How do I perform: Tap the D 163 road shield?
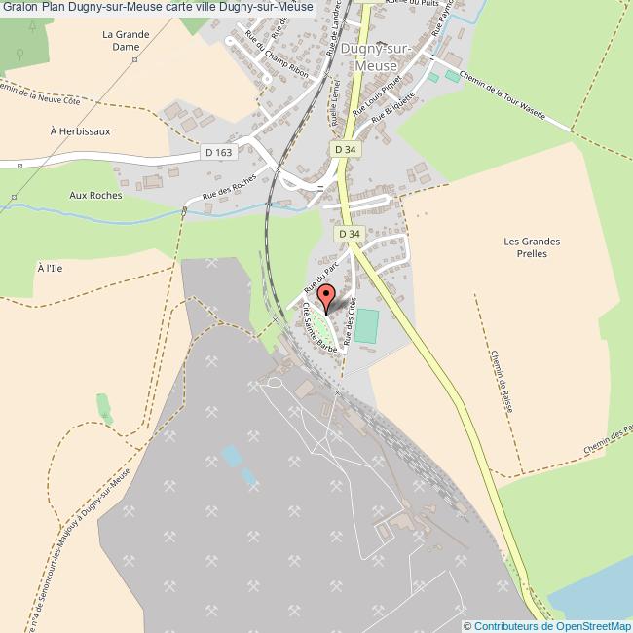(219, 152)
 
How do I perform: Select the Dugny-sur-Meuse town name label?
(377, 57)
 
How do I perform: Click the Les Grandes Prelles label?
(533, 247)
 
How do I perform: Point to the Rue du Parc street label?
(319, 276)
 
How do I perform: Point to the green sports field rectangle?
(365, 325)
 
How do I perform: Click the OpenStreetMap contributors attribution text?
(547, 625)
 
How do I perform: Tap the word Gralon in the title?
(19, 7)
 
